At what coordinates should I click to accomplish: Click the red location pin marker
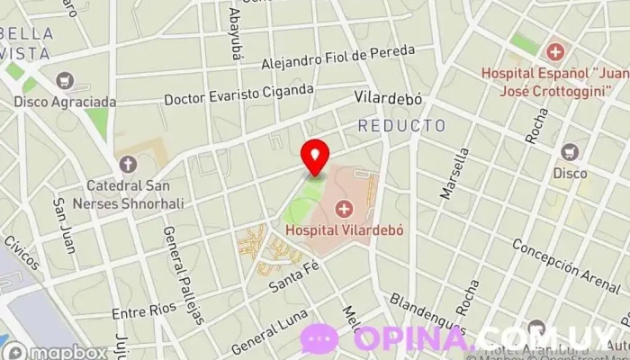tap(315, 156)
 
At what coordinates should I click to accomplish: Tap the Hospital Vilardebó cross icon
tap(343, 210)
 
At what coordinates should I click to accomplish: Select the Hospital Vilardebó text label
tap(344, 229)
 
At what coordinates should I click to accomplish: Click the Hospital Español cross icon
tap(554, 52)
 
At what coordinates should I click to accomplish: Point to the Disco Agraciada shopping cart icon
tap(65, 80)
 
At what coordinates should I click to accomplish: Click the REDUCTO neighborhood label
tap(401, 125)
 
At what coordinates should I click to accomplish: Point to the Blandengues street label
tap(428, 313)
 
